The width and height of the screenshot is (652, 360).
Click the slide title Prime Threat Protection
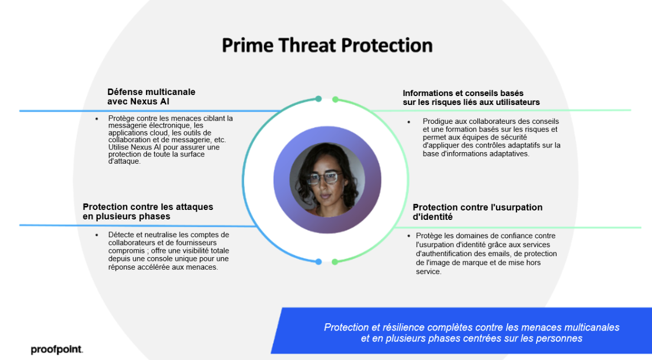pos(327,46)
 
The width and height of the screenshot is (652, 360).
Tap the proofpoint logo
pos(57,349)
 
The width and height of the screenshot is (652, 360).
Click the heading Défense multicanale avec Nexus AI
pos(151,97)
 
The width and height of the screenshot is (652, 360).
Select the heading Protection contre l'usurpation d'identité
pos(477,212)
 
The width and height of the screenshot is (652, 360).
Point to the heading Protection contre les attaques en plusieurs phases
pos(148,211)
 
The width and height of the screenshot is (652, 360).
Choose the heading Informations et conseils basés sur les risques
pos(471,98)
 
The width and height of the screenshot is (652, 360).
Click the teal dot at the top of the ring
pos(319,99)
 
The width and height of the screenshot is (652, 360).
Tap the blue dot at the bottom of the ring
pos(319,262)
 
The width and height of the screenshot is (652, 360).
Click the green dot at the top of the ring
pos(335,100)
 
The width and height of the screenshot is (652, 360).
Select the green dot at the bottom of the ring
pos(335,262)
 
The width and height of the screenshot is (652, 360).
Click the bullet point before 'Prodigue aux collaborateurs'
pos(408,122)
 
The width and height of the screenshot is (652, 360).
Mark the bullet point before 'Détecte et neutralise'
pos(97,235)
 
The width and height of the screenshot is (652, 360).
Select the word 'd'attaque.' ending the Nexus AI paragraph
pos(124,161)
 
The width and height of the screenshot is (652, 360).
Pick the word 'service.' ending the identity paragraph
pos(428,271)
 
